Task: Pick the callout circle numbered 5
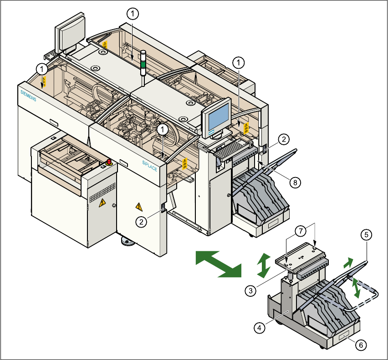coord(366,234)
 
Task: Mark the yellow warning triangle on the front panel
coord(139,207)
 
